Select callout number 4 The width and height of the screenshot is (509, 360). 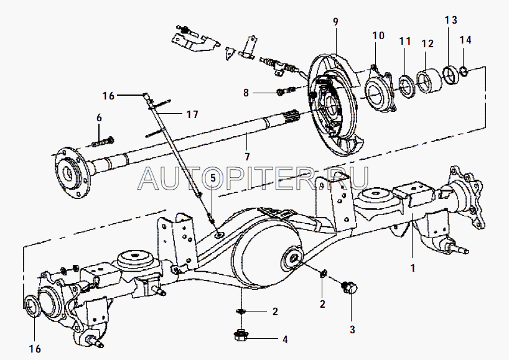pyautogui.click(x=284, y=339)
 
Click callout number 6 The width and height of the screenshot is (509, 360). pyautogui.click(x=98, y=118)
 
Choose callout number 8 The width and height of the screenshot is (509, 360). pyautogui.click(x=246, y=93)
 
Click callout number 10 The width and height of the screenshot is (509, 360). pyautogui.click(x=379, y=35)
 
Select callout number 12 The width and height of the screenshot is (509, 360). pyautogui.click(x=427, y=44)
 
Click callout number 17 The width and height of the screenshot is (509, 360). pyautogui.click(x=192, y=114)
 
